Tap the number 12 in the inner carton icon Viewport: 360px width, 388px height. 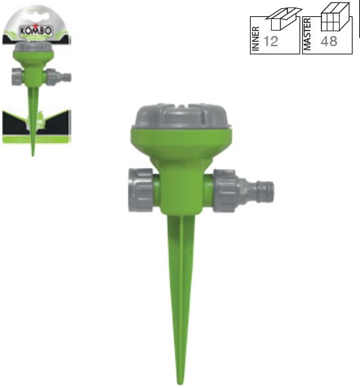pyautogui.click(x=271, y=41)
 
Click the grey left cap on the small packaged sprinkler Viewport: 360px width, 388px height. pyautogui.click(x=16, y=76)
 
